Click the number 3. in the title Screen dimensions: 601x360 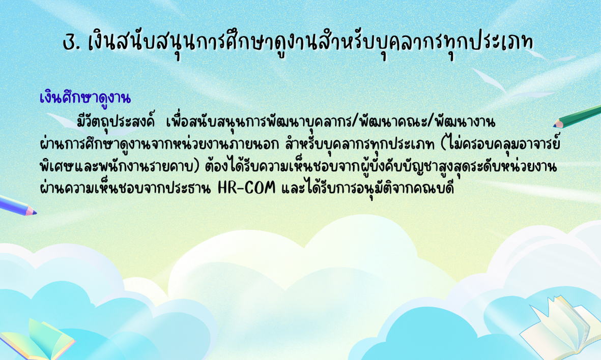point(72,43)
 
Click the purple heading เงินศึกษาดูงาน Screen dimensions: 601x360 point(85,98)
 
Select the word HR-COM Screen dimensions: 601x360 point(246,188)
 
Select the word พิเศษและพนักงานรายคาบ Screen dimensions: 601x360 point(117,167)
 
